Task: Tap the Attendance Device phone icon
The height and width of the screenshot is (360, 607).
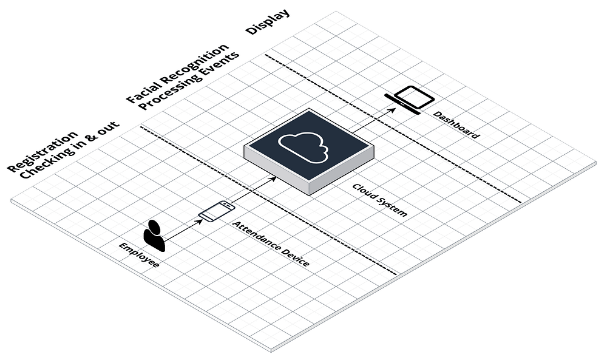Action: pyautogui.click(x=217, y=211)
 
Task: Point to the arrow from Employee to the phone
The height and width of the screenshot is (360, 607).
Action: pyautogui.click(x=183, y=229)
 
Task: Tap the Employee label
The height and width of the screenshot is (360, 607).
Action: pyautogui.click(x=139, y=256)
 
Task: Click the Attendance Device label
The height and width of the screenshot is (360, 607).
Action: pyautogui.click(x=271, y=244)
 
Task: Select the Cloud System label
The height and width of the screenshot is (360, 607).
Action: pyautogui.click(x=379, y=200)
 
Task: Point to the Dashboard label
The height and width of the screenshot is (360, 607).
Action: pyautogui.click(x=456, y=126)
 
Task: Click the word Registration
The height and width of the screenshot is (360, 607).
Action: pyautogui.click(x=42, y=151)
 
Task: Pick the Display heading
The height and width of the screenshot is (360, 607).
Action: pyautogui.click(x=267, y=22)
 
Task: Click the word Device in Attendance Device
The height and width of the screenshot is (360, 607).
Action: pyautogui.click(x=294, y=257)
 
